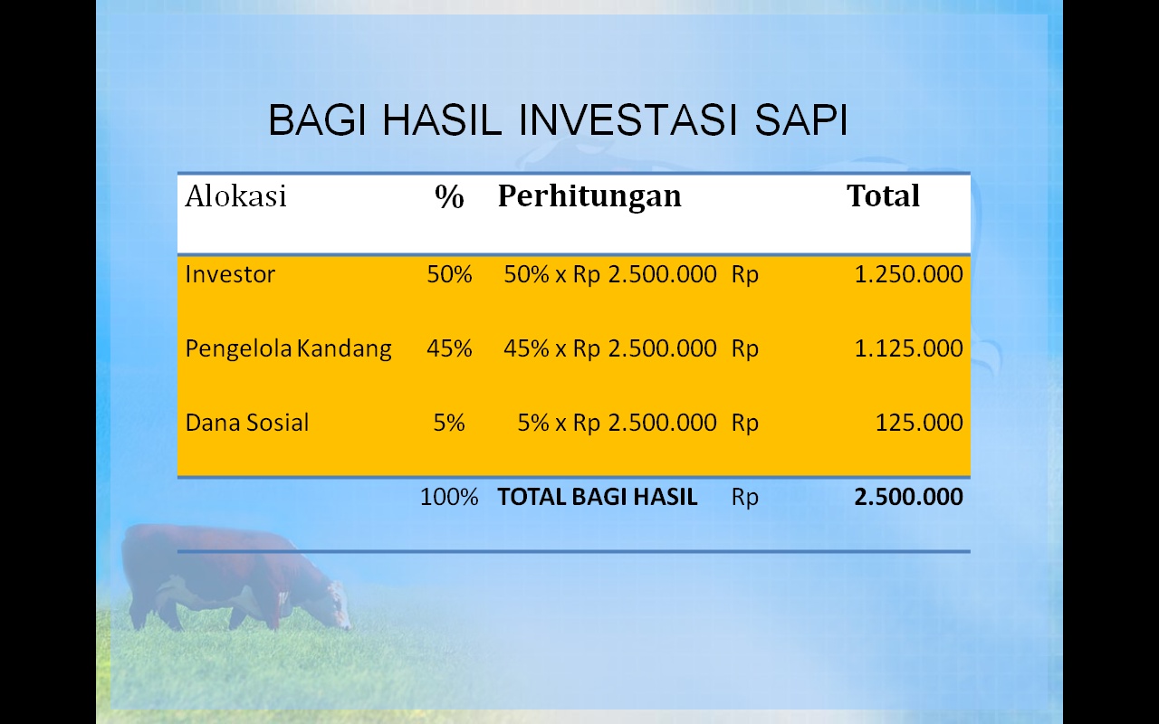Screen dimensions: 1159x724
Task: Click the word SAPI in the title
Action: pyautogui.click(x=801, y=120)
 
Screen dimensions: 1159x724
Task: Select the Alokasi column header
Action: pyautogui.click(x=235, y=196)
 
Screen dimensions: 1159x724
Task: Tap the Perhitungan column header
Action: pyautogui.click(x=589, y=197)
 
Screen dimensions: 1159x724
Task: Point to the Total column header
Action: pyautogui.click(x=883, y=195)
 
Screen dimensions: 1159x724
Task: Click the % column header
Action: pyautogui.click(x=449, y=196)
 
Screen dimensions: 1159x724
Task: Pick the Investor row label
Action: pyautogui.click(x=230, y=274)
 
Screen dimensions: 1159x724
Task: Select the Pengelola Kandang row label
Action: pyautogui.click(x=288, y=348)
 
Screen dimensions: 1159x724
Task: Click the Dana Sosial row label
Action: pyautogui.click(x=247, y=423)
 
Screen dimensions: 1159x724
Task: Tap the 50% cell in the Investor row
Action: pyautogui.click(x=449, y=274)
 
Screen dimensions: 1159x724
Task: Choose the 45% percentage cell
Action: pyautogui.click(x=449, y=348)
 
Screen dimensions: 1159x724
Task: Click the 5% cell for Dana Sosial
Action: pyautogui.click(x=449, y=423)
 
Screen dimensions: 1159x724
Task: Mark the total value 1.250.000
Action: pyautogui.click(x=908, y=274)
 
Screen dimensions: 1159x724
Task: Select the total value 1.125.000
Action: pyautogui.click(x=908, y=348)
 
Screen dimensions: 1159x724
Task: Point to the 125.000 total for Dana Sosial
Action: pyautogui.click(x=919, y=423)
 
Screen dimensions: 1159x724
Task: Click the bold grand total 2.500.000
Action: pyautogui.click(x=908, y=497)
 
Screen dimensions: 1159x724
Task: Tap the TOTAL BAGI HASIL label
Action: pyautogui.click(x=597, y=497)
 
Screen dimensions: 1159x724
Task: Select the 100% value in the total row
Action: pyautogui.click(x=449, y=497)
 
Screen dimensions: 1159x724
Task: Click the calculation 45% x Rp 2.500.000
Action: pyautogui.click(x=610, y=348)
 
